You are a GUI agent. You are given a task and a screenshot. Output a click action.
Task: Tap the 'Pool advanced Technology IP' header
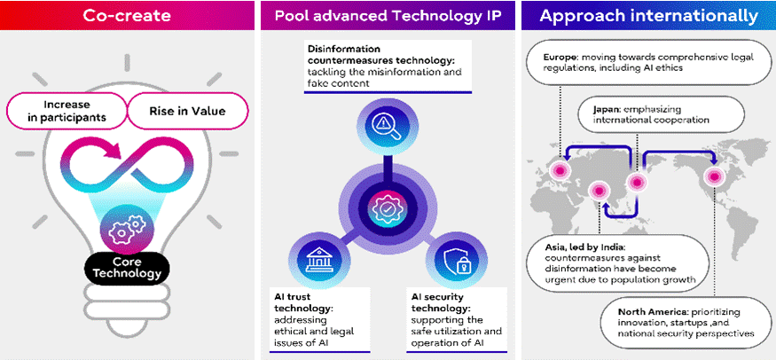pyautogui.click(x=387, y=16)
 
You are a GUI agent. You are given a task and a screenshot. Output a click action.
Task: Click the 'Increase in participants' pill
pyautogui.click(x=67, y=111)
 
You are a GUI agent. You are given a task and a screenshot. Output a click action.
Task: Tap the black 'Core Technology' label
pyautogui.click(x=123, y=268)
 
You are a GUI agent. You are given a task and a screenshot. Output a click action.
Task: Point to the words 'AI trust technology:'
pyautogui.click(x=302, y=306)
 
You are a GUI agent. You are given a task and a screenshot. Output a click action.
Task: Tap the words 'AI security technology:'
pyautogui.click(x=444, y=306)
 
